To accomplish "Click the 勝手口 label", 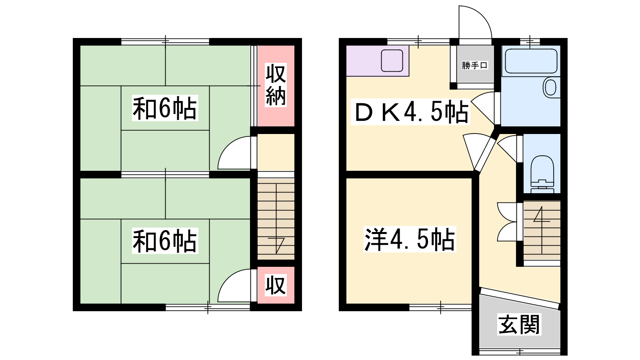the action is (x=474, y=66).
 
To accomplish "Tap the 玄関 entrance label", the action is (x=519, y=324).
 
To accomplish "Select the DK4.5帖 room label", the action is (x=410, y=112).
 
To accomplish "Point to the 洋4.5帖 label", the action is (x=410, y=239).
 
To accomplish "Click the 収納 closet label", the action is (x=276, y=85).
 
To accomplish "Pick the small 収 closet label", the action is (x=276, y=285).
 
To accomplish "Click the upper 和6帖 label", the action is (x=165, y=108).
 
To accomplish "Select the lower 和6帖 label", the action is (x=165, y=240).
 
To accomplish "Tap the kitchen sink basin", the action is (x=392, y=60).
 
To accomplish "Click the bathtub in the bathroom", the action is (x=531, y=61).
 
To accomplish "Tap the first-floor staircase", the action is (x=542, y=230).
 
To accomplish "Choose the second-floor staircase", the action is (x=276, y=219).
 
